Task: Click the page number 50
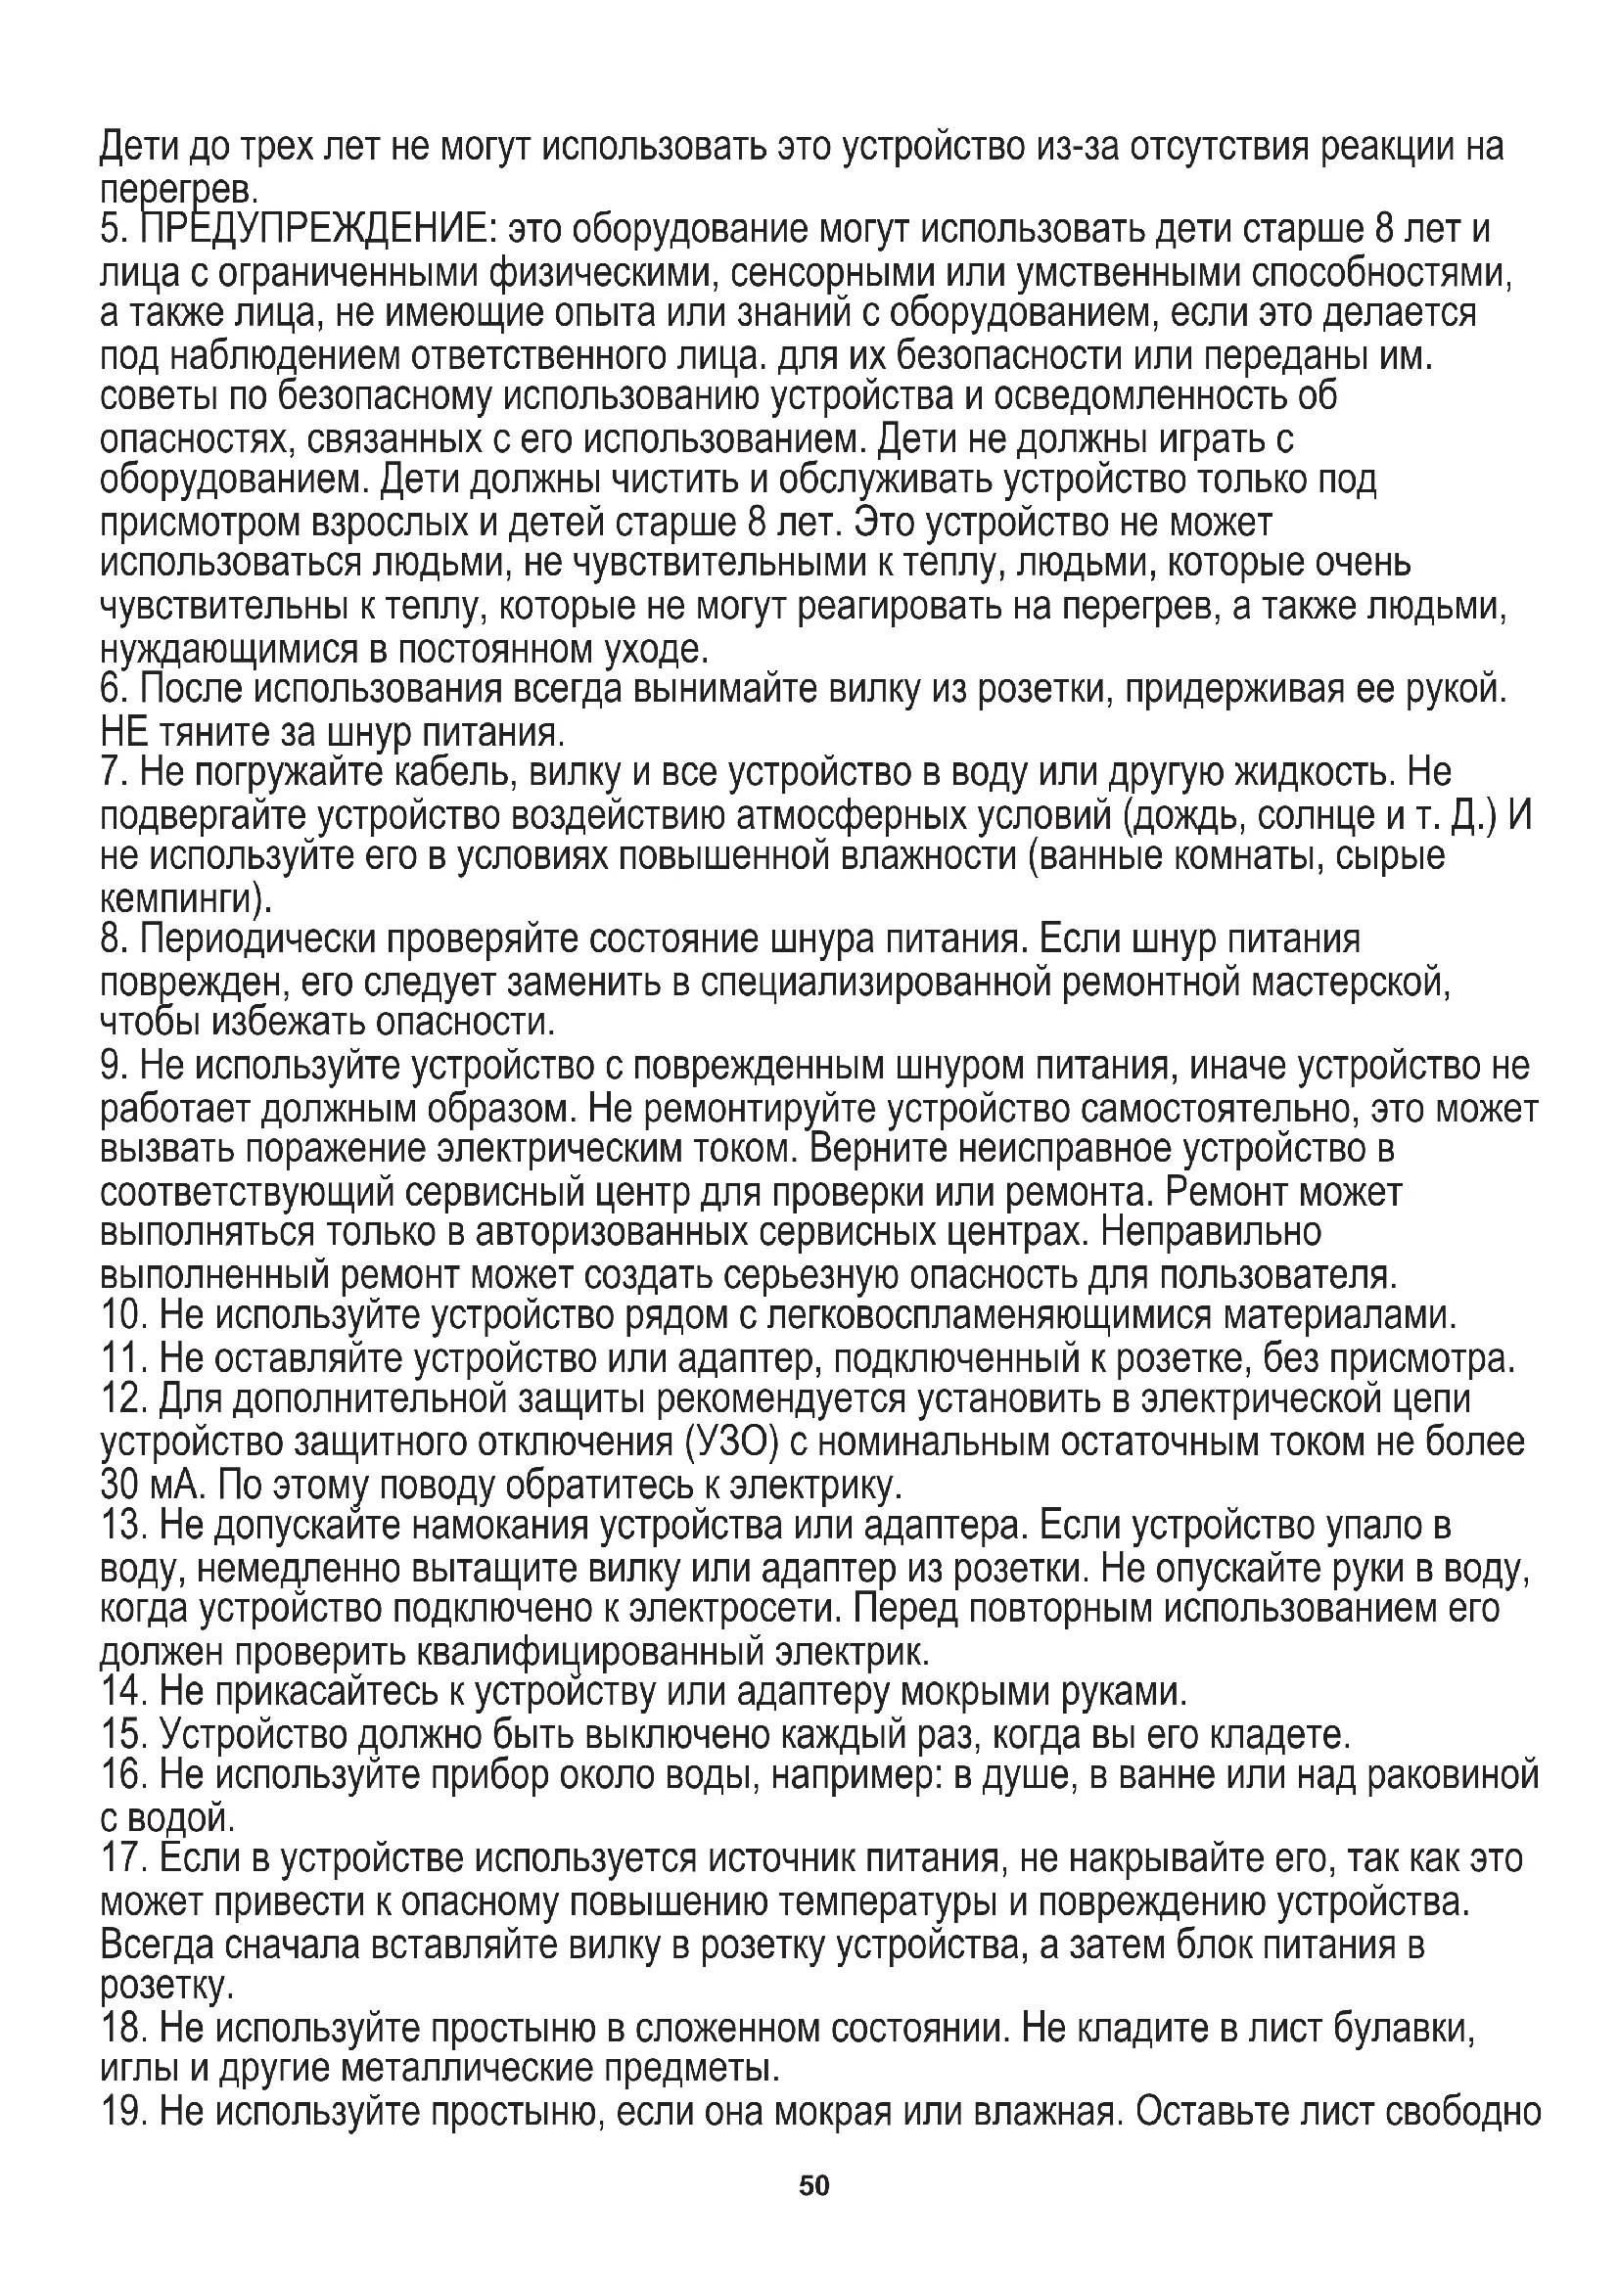click(x=813, y=2185)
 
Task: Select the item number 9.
click(x=112, y=1067)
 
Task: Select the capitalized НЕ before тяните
click(x=124, y=733)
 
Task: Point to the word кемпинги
click(x=178, y=900)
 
